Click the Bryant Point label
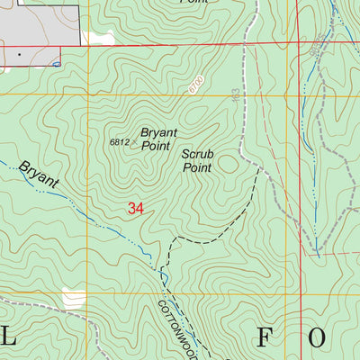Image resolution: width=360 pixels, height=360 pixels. pyautogui.click(x=158, y=138)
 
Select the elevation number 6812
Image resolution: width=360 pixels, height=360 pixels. pyautogui.click(x=120, y=142)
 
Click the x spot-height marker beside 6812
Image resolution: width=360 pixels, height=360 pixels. pyautogui.click(x=135, y=141)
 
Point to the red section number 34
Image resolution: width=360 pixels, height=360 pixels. pyautogui.click(x=135, y=208)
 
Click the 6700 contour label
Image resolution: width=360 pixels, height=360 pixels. pyautogui.click(x=197, y=86)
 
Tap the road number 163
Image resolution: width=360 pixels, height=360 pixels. pyautogui.click(x=236, y=94)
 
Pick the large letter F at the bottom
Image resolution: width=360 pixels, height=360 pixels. pyautogui.click(x=264, y=338)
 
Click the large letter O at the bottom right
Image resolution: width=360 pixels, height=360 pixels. pyautogui.click(x=319, y=338)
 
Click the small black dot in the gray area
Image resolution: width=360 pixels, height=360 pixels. pyautogui.click(x=19, y=54)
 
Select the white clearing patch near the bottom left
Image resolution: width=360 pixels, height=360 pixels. pyautogui.click(x=72, y=298)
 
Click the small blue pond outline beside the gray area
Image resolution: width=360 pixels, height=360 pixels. pyautogui.click(x=57, y=64)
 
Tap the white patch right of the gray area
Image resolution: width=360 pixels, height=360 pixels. pyautogui.click(x=97, y=37)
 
